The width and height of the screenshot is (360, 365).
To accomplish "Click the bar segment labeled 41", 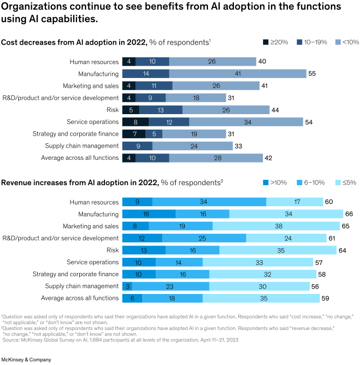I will click(238, 73).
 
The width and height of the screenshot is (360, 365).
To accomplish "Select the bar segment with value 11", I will click(154, 86).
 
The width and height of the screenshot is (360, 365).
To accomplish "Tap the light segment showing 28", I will click(216, 158).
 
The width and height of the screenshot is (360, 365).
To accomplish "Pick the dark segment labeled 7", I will click(134, 134).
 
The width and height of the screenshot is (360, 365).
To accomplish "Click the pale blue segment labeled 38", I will click(276, 226).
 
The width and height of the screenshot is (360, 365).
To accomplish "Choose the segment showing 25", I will click(204, 238).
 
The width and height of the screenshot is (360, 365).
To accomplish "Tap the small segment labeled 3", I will click(127, 286).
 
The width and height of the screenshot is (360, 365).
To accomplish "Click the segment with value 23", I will click(167, 286).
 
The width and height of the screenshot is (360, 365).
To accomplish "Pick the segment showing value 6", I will click(132, 298).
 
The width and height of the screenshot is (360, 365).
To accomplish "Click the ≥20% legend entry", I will click(275, 43).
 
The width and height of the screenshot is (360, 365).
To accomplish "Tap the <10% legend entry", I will click(347, 43).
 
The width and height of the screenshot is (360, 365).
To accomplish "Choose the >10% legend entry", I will click(275, 182).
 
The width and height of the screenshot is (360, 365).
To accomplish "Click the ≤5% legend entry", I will click(345, 182).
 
